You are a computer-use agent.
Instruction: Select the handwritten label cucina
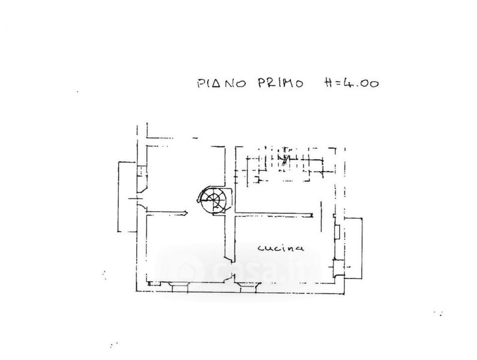point(281,247)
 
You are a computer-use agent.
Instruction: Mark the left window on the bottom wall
point(179,285)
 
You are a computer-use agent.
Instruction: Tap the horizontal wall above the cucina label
point(273,213)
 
